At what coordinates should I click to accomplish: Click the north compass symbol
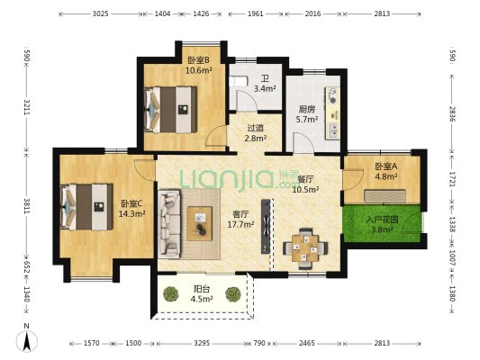[27, 341]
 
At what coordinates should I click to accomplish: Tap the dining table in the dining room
[305, 248]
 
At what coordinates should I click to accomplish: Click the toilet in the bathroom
[238, 82]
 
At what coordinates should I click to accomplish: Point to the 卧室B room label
[198, 60]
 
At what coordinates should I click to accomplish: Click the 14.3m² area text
[132, 213]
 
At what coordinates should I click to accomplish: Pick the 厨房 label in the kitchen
[307, 109]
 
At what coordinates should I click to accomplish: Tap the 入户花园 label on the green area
[382, 220]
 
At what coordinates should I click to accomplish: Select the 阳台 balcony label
[202, 288]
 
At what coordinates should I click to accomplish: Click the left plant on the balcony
[171, 294]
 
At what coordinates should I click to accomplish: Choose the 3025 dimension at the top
[100, 13]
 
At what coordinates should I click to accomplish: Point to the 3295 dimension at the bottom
[202, 343]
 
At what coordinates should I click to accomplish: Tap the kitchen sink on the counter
[332, 130]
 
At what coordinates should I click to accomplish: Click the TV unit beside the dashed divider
[266, 226]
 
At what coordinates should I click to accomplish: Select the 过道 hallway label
[255, 128]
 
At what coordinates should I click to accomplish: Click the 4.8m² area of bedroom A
[386, 176]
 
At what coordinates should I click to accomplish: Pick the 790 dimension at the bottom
[259, 343]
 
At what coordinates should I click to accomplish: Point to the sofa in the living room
[169, 224]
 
